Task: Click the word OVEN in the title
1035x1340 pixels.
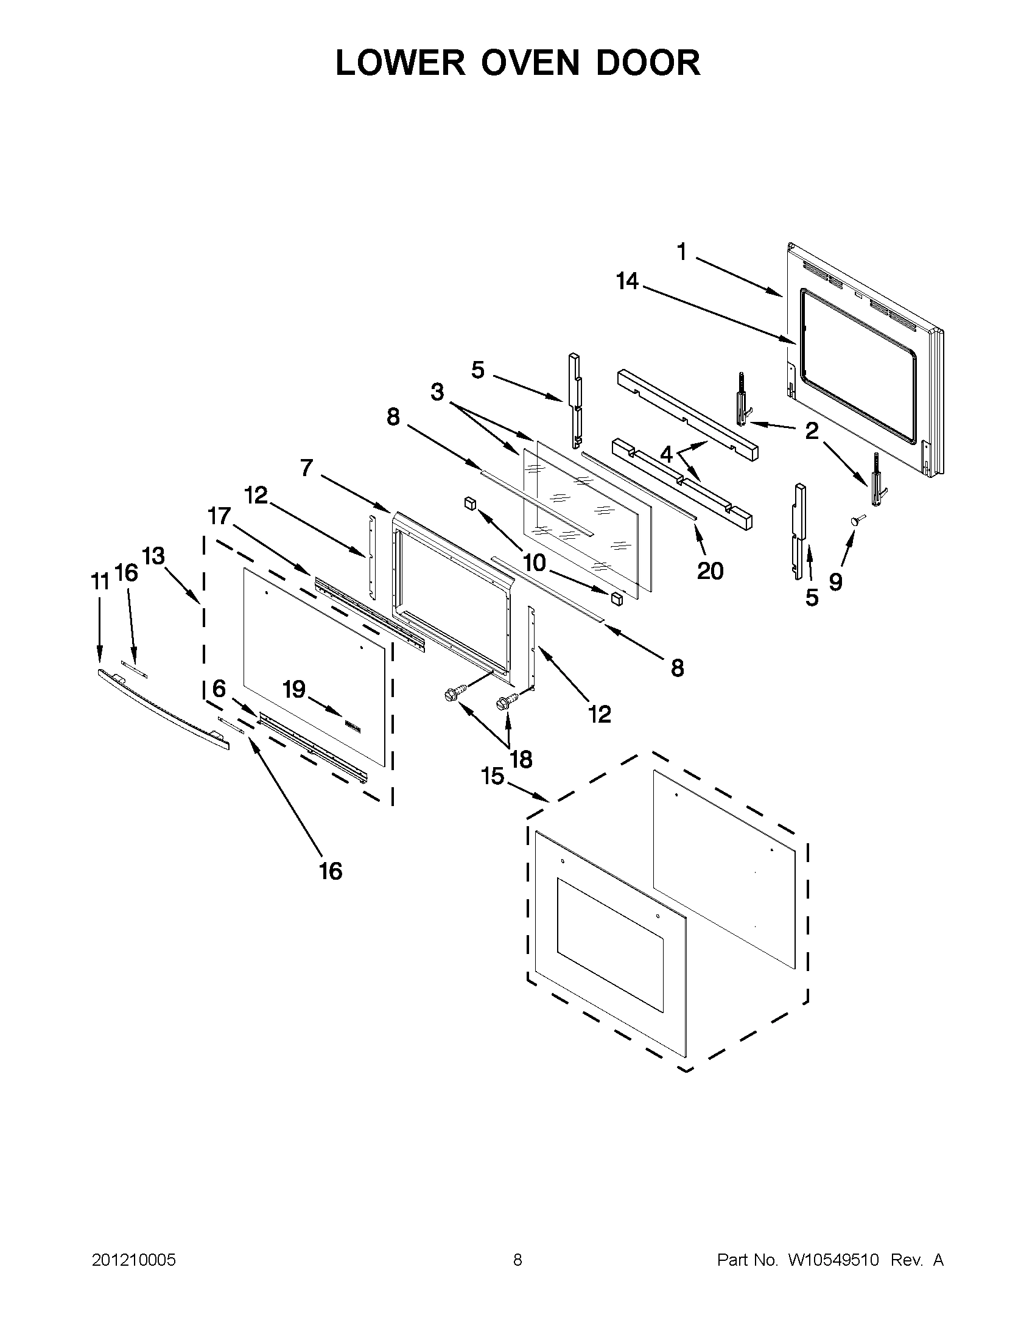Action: tap(530, 63)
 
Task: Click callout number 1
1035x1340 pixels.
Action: tap(681, 251)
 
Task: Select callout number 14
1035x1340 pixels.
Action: tap(627, 282)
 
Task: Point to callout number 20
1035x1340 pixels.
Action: tap(710, 570)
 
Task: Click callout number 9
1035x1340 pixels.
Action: tap(835, 581)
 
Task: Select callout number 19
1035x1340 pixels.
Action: tap(294, 689)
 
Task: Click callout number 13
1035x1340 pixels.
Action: tap(153, 556)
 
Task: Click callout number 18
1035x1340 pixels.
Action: tap(521, 760)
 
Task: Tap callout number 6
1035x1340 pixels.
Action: tap(219, 689)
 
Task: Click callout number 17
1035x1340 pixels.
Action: tap(219, 517)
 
